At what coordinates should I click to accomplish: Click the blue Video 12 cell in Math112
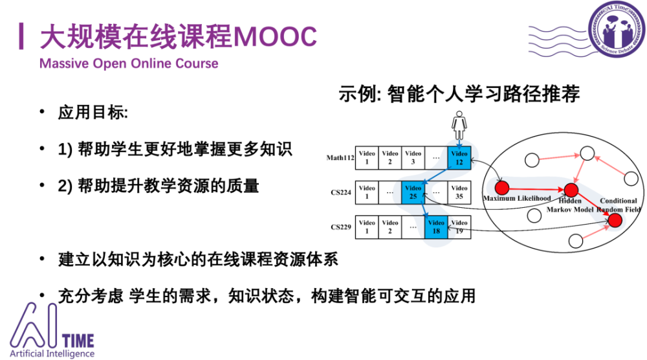pyautogui.click(x=459, y=158)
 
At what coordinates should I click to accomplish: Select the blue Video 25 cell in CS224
pyautogui.click(x=413, y=192)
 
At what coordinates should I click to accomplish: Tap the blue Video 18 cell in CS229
pyautogui.click(x=436, y=227)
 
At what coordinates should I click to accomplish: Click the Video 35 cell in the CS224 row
pyautogui.click(x=459, y=192)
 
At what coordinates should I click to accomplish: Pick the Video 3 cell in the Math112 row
pyautogui.click(x=413, y=158)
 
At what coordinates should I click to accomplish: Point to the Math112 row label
pyautogui.click(x=340, y=158)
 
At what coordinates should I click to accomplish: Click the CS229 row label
pyautogui.click(x=341, y=227)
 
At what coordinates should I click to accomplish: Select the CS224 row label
pyautogui.click(x=341, y=192)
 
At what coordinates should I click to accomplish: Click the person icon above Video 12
pyautogui.click(x=459, y=125)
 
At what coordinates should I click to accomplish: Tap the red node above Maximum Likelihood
pyautogui.click(x=502, y=188)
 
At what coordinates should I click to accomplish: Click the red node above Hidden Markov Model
pyautogui.click(x=571, y=190)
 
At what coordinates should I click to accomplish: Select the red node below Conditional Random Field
pyautogui.click(x=615, y=220)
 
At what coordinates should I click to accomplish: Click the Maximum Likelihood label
pyautogui.click(x=517, y=199)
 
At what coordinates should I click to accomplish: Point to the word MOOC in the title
pyautogui.click(x=275, y=36)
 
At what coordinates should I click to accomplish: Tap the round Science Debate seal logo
pyautogui.click(x=617, y=29)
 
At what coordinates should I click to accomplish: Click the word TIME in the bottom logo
pyautogui.click(x=78, y=341)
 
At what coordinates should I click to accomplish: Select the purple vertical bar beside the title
pyautogui.click(x=21, y=36)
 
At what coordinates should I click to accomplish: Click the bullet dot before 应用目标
pyautogui.click(x=42, y=111)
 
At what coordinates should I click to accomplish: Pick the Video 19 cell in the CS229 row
pyautogui.click(x=459, y=227)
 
